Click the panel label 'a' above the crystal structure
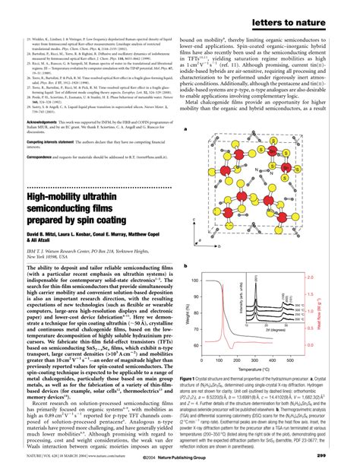[x=185, y=130]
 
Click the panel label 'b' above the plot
[x=185, y=266]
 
